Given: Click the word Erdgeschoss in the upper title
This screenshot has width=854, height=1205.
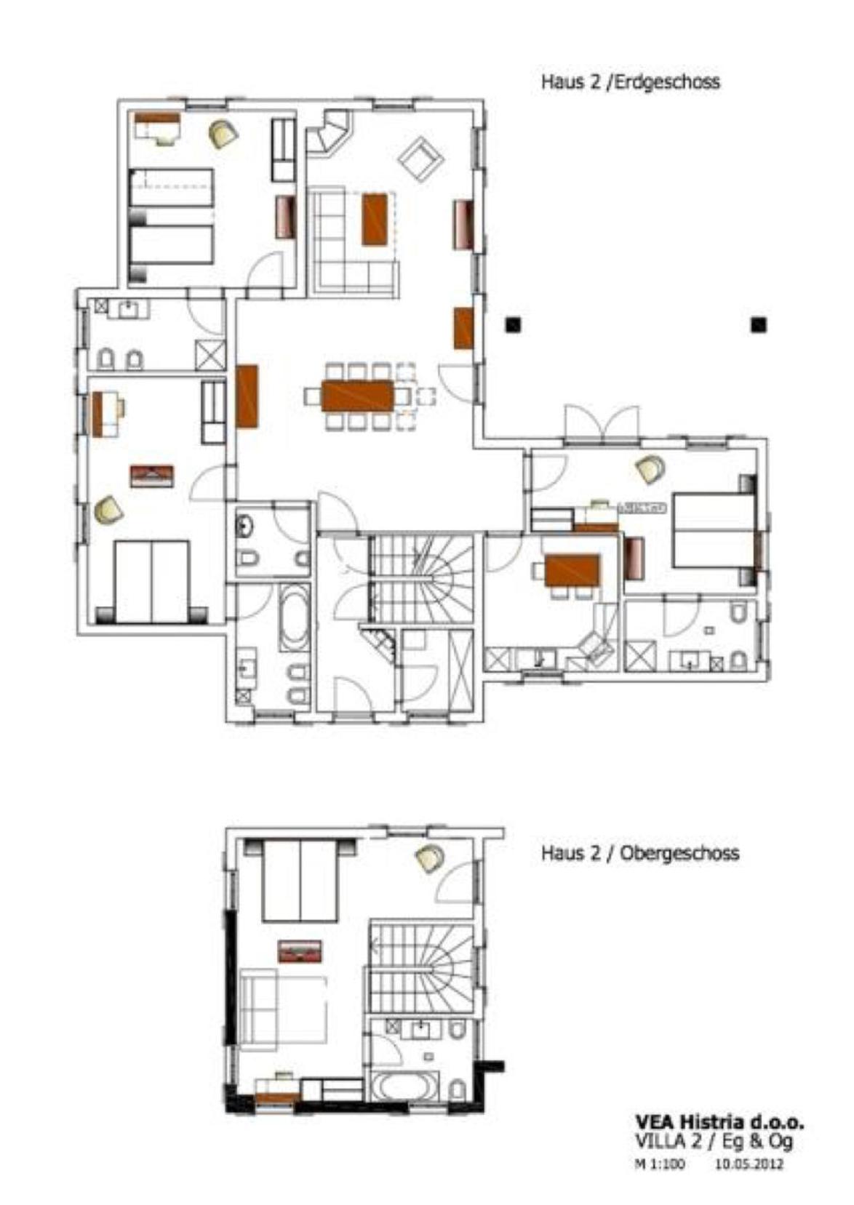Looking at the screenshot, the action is coord(667,81).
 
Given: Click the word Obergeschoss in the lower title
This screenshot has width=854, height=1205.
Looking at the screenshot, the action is coord(679,853).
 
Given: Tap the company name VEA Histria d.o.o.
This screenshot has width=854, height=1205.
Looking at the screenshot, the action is coord(719,1122).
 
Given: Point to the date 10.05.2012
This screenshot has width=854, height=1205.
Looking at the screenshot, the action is coord(749,1164).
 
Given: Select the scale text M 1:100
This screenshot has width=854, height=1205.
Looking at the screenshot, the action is coord(660,1164).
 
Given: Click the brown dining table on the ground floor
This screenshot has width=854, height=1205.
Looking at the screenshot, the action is coord(358,396).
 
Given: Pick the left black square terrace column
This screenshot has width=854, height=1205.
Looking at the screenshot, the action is coord(514,324).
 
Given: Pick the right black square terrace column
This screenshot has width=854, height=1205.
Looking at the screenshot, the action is coord(759,324).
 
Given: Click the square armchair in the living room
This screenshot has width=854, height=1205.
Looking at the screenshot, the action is coord(420,159).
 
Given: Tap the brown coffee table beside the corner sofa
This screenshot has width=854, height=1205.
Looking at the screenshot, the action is coord(375,219).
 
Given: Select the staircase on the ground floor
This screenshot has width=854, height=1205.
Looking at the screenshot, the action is coord(421,580).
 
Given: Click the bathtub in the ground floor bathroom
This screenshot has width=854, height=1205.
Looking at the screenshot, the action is coord(294,619).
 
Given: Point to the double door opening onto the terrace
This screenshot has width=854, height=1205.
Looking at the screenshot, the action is coord(602,425).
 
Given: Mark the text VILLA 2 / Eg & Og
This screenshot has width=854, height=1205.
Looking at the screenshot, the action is coord(714,1142).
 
